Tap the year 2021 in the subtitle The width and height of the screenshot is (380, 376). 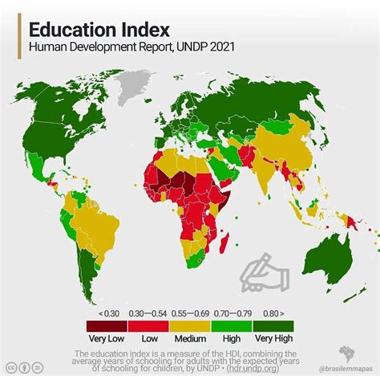tap(223, 50)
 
